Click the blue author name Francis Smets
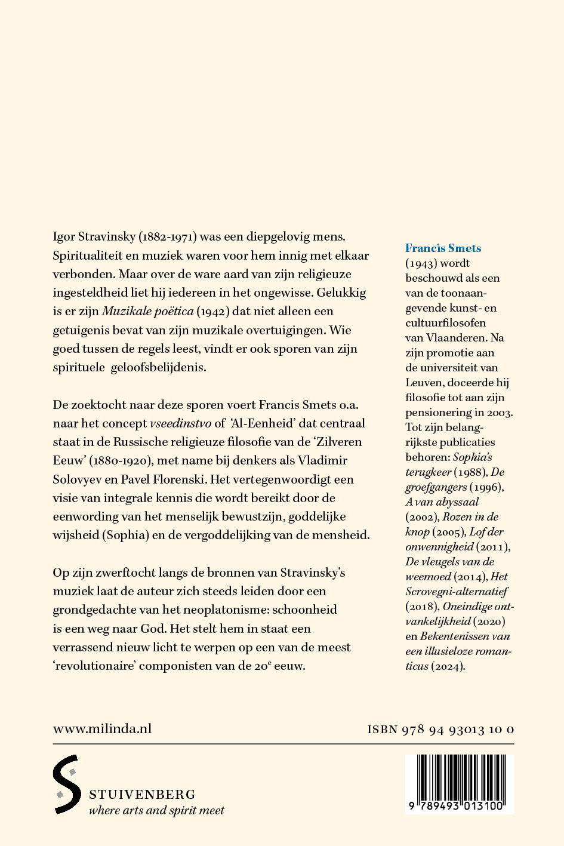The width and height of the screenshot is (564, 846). (443, 248)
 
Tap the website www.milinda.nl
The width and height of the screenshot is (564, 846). (102, 728)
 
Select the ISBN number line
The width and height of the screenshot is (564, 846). (440, 729)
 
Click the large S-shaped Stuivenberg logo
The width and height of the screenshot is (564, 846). (67, 784)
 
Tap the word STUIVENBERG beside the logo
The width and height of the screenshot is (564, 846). (142, 795)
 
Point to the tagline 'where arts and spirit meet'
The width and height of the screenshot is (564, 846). (156, 810)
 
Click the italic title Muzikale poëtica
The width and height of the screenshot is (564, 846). (148, 311)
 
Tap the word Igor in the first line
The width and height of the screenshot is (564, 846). (64, 237)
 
